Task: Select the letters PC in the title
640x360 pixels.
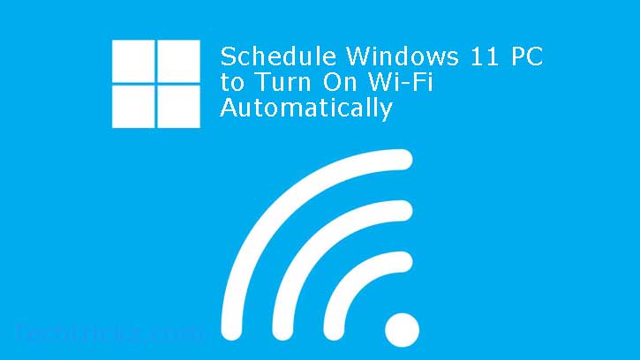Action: point(525,57)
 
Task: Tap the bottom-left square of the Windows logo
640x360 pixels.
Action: point(132,106)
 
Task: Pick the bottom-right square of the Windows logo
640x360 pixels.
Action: point(179,106)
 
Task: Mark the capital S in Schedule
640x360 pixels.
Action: point(228,57)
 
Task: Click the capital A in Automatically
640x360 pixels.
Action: point(229,109)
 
